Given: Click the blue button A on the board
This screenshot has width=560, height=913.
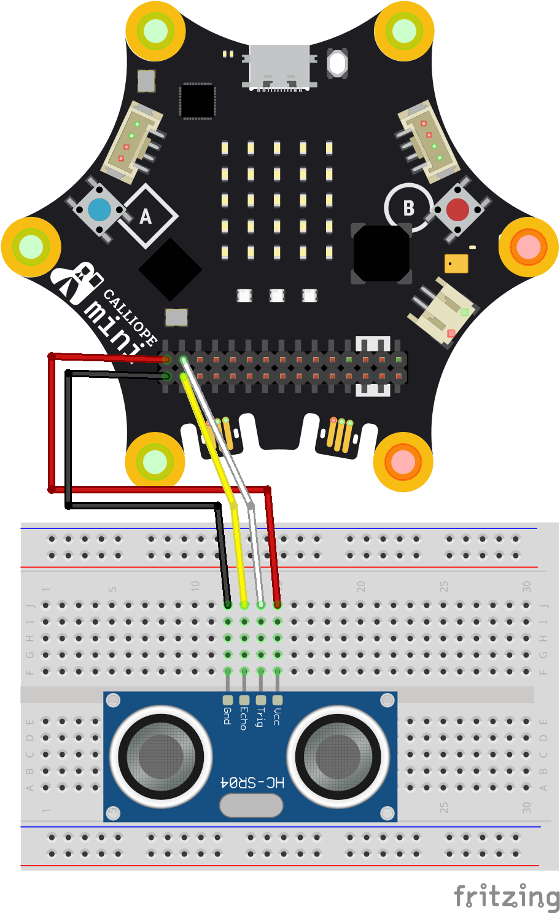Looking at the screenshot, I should point(99,210).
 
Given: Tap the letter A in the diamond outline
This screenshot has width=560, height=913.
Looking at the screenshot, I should point(146,217).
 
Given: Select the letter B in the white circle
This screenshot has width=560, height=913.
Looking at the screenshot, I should point(409,208).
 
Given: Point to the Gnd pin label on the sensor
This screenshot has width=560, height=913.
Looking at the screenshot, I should point(227,716).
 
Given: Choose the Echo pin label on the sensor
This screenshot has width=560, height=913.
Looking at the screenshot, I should point(244,718).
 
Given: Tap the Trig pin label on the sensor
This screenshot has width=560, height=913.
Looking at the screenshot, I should point(260,717).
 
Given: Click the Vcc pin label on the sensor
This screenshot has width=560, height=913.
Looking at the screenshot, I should point(278,716).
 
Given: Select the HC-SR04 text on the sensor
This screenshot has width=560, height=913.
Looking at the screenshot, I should point(252,782).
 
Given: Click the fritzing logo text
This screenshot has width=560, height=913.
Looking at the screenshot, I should point(506,896).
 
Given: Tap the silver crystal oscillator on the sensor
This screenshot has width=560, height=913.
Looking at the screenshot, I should point(251,805).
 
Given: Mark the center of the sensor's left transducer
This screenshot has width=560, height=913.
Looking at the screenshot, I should point(161,756).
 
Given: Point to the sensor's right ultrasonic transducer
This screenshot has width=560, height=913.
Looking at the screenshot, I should point(338,756).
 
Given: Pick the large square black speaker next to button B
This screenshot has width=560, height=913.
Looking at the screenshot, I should point(381,254).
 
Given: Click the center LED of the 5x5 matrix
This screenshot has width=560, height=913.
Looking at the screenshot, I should point(277,200).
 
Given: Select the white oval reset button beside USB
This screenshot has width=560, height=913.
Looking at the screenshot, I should point(337,63).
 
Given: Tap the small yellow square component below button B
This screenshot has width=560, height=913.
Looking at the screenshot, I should point(456,263).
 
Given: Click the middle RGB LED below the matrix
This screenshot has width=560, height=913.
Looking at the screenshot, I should point(277,296).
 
